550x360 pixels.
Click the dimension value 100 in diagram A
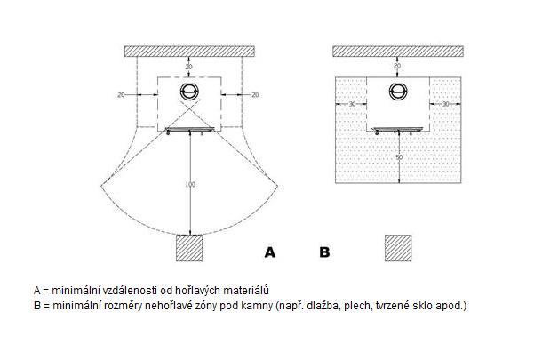tap(190, 185)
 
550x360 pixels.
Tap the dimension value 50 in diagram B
tap(399, 157)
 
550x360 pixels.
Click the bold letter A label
tap(270, 252)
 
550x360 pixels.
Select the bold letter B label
tap(324, 252)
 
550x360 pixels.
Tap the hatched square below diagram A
tap(189, 248)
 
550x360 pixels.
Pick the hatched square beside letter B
tap(398, 248)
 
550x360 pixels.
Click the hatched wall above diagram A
tap(189, 52)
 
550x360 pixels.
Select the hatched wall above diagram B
tap(398, 52)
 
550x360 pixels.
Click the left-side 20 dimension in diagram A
tap(121, 95)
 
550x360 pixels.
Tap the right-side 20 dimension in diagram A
tap(255, 95)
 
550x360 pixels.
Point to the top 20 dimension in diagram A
tap(188, 67)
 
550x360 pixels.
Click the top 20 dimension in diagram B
tap(397, 66)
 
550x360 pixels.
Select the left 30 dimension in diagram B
tap(352, 104)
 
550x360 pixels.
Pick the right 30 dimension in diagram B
tap(445, 104)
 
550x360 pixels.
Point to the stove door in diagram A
tap(189, 130)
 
